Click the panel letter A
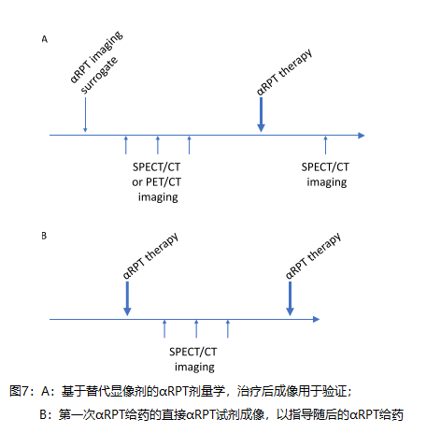pos(45,39)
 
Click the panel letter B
pos(44,236)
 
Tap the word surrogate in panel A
pos(99,75)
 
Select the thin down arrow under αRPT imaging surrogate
pos(85,115)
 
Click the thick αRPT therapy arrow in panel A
pos(261,115)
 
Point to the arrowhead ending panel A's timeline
pos(362,136)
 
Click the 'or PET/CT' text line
pos(156,182)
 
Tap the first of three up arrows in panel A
pos(126,145)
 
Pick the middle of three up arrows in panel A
pos(158,145)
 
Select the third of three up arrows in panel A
pos(189,145)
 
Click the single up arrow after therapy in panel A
pos(325,145)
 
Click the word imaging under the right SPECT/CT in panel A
pos(327,182)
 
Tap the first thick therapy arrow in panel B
pos(127,298)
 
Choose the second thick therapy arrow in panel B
pos(290,298)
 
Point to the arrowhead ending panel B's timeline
pos(317,319)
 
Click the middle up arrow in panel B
pos(196,329)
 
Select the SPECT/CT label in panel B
pos(193,352)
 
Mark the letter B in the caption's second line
pos(43,415)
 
